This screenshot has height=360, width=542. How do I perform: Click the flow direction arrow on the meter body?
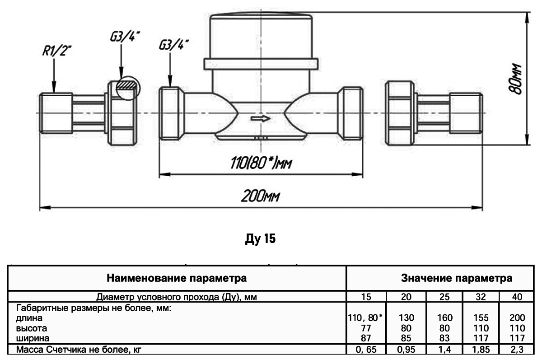[261, 118]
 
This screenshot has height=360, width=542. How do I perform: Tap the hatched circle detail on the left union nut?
[126, 87]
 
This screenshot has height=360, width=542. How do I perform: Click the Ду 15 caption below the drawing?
[259, 238]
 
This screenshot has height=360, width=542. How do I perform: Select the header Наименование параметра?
[177, 278]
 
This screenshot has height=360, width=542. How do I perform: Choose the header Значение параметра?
[457, 278]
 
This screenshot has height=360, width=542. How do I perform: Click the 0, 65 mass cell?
[366, 349]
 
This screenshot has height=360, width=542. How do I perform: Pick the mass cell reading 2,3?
[516, 349]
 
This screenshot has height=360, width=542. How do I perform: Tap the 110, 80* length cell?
[365, 318]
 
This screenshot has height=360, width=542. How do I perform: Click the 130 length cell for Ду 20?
[406, 318]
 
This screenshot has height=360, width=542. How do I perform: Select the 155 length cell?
[481, 318]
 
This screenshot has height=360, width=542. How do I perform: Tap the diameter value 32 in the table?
[481, 296]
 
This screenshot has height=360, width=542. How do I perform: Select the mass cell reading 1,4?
[444, 349]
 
